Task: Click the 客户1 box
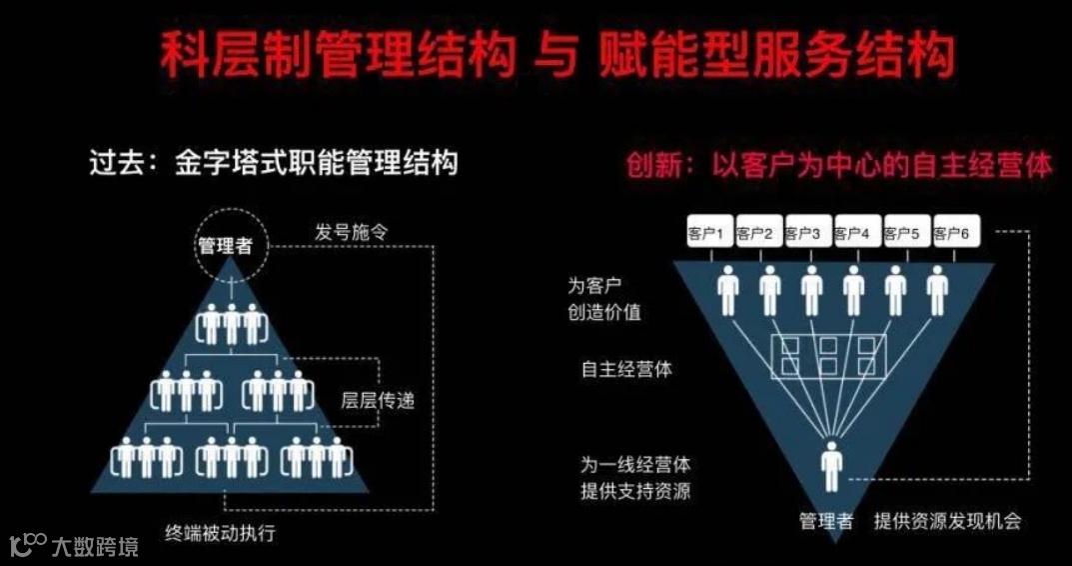pyautogui.click(x=707, y=233)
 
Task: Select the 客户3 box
pyautogui.click(x=804, y=233)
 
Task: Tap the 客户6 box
pyautogui.click(x=951, y=233)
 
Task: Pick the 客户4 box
pyautogui.click(x=853, y=233)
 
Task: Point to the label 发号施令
pyautogui.click(x=351, y=232)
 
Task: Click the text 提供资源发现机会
pyautogui.click(x=947, y=521)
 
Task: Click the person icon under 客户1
pyautogui.click(x=729, y=290)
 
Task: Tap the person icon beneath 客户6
pyautogui.click(x=936, y=290)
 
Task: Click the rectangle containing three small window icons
pyautogui.click(x=828, y=356)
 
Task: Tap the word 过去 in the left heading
pyautogui.click(x=112, y=163)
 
